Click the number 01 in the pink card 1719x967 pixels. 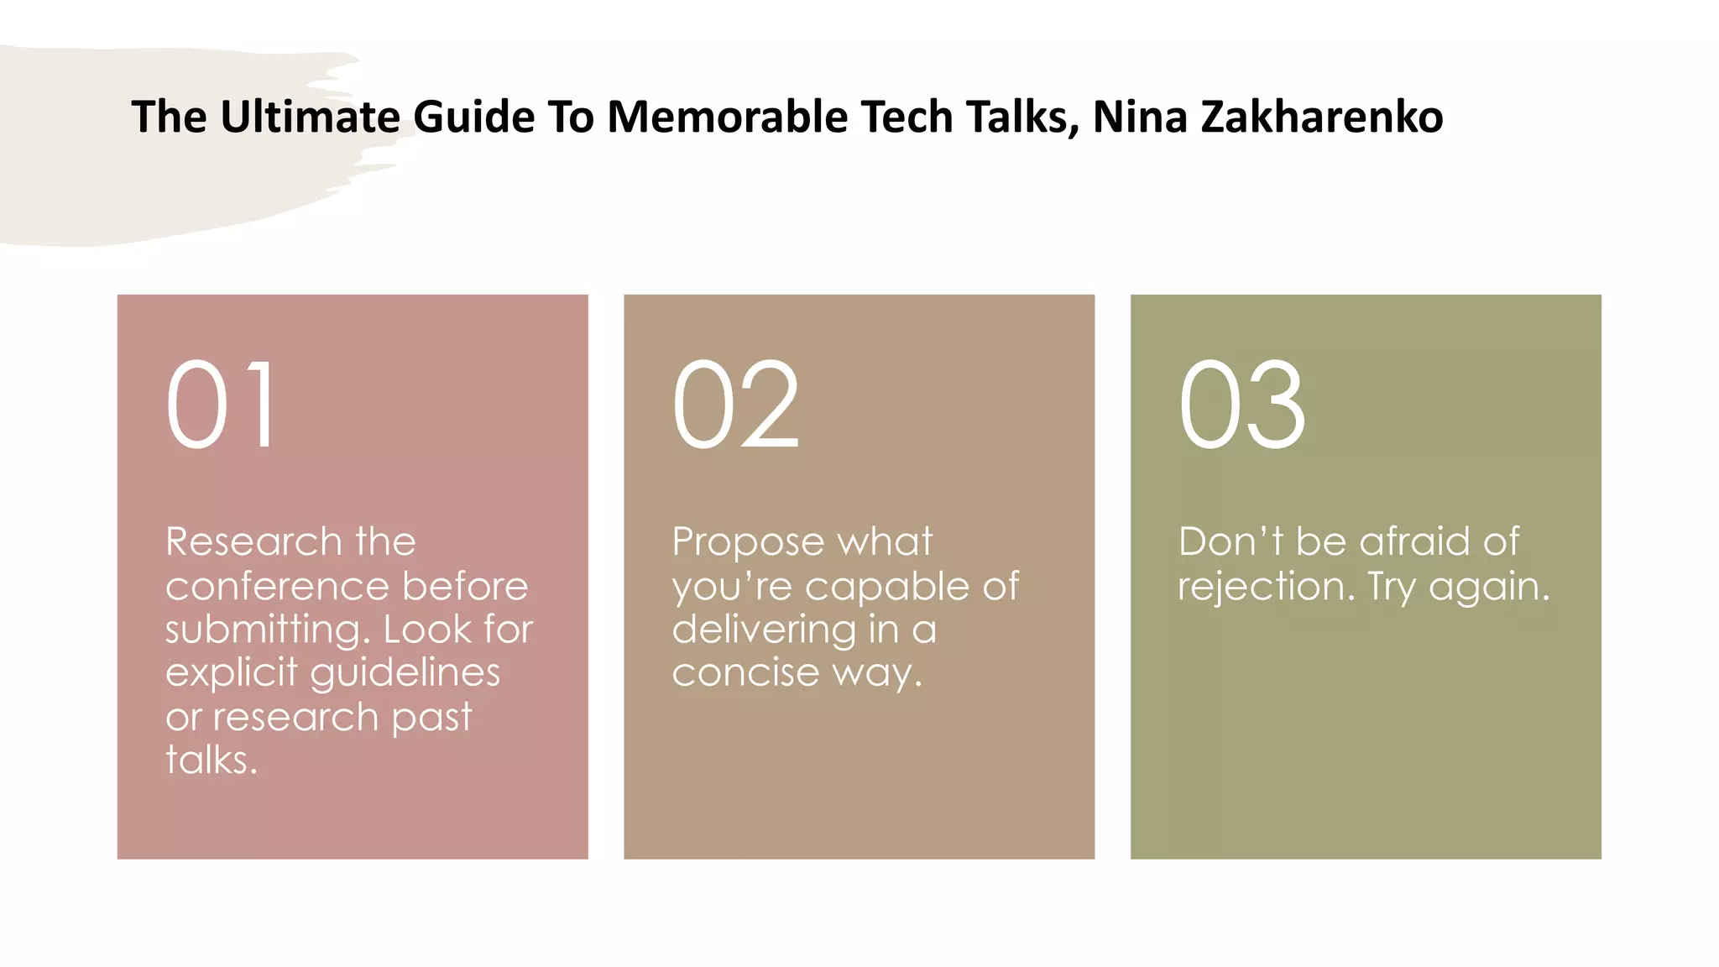(x=221, y=405)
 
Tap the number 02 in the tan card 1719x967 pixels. (x=735, y=405)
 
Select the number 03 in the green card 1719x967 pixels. (x=1241, y=405)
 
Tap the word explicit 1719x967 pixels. (x=232, y=673)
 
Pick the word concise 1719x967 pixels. (x=745, y=673)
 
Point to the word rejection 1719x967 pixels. (x=1266, y=586)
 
